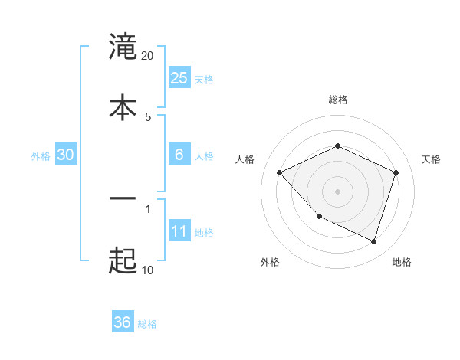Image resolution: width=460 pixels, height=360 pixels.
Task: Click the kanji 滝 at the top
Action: (123, 47)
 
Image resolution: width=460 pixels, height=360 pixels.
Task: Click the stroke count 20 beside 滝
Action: (147, 56)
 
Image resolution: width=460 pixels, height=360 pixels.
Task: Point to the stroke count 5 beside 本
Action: (148, 116)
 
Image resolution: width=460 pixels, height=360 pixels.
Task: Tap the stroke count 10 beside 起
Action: (147, 270)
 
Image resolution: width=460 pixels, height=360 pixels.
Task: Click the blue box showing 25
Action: (179, 78)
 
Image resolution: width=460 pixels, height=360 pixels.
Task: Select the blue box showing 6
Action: (179, 155)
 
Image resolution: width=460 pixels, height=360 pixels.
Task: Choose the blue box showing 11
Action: (179, 232)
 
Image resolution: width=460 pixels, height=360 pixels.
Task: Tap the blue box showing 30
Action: (66, 155)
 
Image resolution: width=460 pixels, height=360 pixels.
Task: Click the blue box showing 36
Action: (123, 322)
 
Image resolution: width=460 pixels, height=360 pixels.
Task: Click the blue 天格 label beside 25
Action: (204, 79)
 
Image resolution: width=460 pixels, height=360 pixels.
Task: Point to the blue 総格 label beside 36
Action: (147, 324)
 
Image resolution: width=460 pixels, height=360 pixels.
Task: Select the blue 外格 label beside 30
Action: (41, 155)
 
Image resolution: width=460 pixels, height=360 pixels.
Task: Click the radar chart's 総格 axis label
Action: (337, 100)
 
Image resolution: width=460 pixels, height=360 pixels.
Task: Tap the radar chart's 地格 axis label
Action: (402, 262)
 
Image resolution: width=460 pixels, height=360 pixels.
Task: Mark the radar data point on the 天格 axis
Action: (396, 172)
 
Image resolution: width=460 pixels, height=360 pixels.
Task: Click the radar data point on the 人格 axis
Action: (280, 172)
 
